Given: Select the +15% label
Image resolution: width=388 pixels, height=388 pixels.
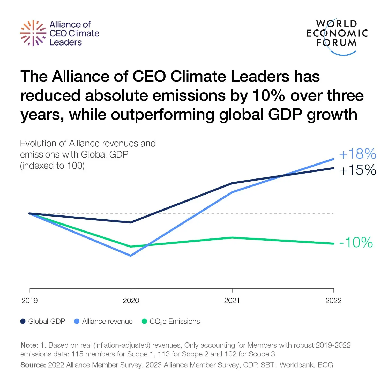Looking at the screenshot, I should tap(357, 170).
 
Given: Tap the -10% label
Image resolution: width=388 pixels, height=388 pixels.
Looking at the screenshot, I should tap(356, 243).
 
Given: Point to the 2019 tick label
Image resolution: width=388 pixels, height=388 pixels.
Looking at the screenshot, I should tap(29, 301).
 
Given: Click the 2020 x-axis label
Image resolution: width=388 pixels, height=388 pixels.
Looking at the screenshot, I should tap(131, 301).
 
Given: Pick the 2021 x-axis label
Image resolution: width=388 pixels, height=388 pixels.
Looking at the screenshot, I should tap(232, 301).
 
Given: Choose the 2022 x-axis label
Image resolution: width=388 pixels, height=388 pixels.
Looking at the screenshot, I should tap(333, 301).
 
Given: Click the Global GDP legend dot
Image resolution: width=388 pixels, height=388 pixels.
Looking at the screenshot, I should tap(23, 321).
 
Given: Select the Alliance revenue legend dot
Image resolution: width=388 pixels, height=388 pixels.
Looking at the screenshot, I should tap(77, 321).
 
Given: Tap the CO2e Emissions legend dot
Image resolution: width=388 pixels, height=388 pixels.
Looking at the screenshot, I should tap(144, 321).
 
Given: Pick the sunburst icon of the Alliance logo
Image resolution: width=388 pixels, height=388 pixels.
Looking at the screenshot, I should tap(33, 33).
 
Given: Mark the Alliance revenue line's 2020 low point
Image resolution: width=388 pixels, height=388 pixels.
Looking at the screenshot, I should tap(131, 256).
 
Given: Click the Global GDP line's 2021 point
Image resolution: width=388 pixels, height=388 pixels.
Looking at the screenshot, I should tap(232, 183).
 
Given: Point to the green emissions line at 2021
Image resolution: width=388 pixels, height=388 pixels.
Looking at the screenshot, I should tap(232, 238).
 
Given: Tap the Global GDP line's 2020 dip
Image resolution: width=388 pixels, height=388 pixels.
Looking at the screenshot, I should tap(131, 222).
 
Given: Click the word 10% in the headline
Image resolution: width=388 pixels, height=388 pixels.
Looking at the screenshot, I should tap(268, 95).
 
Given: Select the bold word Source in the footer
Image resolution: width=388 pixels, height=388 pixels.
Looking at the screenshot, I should tap(33, 365).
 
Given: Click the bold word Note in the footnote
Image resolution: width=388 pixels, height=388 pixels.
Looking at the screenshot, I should tap(29, 345).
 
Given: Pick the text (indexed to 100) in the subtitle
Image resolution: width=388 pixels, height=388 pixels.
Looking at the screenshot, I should tap(52, 166).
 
